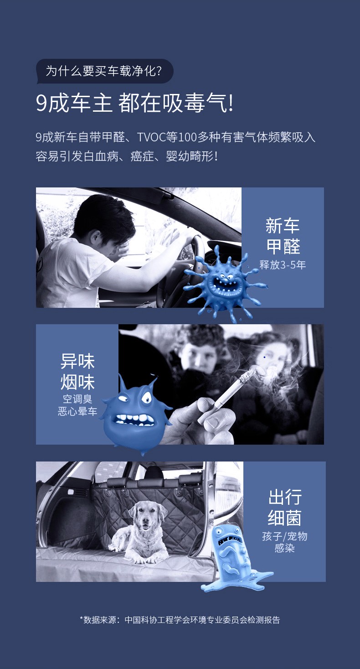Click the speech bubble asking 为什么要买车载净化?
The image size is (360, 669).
pos(104,71)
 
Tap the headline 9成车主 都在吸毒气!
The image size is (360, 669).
pos(134,104)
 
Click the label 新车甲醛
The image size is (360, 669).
pos(283,236)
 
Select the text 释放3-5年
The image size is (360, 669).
pos(283,265)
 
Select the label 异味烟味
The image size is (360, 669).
pos(77,372)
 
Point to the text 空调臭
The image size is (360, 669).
pos(77,399)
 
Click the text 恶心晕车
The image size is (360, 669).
pos(77,411)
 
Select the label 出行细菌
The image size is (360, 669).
pos(285,508)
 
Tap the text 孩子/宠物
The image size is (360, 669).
pos(285,536)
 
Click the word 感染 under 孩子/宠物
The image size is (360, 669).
pos(285,548)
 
